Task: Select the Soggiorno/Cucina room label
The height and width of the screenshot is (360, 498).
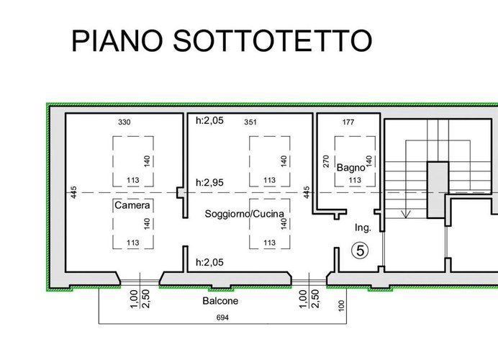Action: coord(244,213)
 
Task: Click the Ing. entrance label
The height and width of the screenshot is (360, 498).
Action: coord(362,228)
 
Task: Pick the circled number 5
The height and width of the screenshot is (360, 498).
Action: coord(359,251)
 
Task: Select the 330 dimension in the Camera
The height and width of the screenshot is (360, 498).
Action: coord(124,122)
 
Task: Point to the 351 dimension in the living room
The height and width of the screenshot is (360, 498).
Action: coord(250,122)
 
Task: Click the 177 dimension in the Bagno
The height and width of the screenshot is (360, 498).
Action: coord(348,122)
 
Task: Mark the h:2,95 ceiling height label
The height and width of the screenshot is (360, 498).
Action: coord(209,183)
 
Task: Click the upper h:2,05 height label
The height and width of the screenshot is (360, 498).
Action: coord(209,120)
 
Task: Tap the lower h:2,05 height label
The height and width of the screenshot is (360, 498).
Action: coord(209,264)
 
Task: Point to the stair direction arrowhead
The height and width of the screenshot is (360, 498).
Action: coord(407,214)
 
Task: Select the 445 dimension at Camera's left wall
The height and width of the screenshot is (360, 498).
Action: coord(73,192)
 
